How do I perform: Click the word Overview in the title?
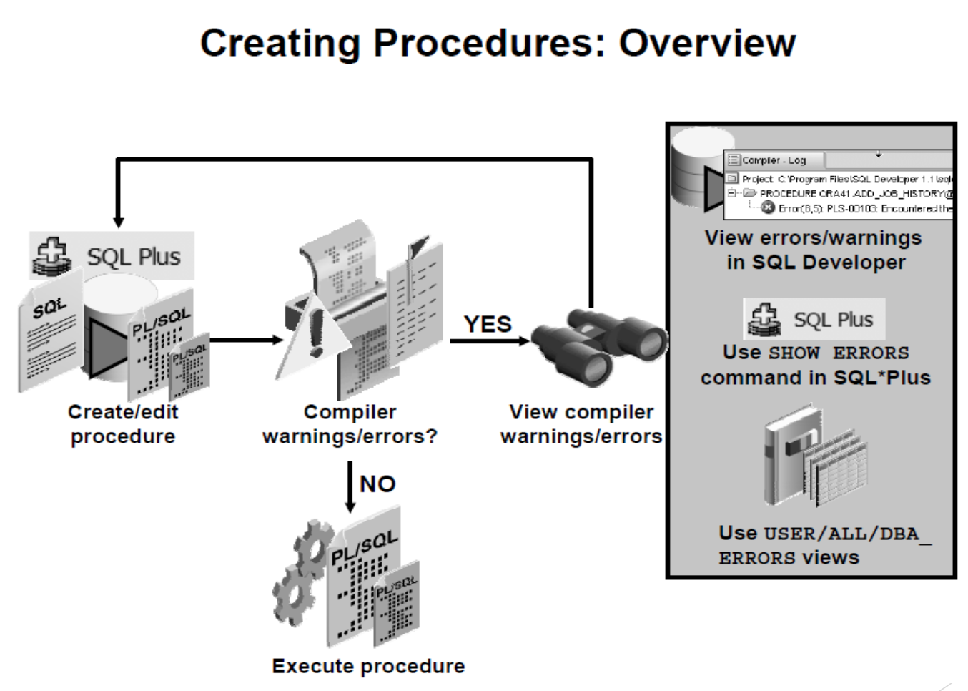coord(706,43)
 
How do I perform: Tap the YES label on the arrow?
coord(488,324)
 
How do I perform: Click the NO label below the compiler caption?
coord(377,484)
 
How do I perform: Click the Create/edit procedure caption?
coord(123,424)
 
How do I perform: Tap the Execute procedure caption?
coord(368,666)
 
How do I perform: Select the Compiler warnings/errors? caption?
coord(350,424)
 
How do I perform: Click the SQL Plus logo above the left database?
coord(112,256)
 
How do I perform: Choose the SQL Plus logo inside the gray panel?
coord(814,319)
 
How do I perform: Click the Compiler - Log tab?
coord(774,160)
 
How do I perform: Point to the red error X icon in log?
coord(768,208)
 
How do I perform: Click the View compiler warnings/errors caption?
coord(581,424)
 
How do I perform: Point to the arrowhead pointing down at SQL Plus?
coord(119,222)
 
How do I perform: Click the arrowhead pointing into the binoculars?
coord(524,341)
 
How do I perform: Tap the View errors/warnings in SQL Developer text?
coord(814,250)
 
